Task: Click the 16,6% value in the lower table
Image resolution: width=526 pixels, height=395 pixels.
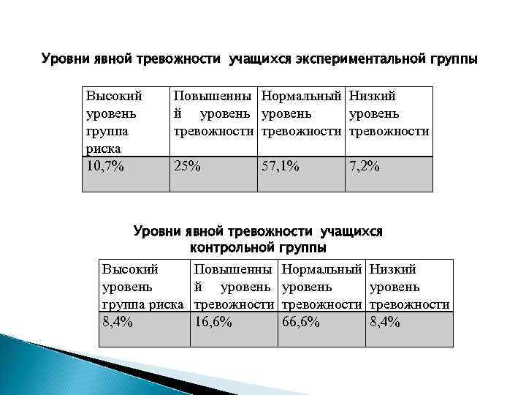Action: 213,321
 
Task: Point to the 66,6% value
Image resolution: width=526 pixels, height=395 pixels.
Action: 300,321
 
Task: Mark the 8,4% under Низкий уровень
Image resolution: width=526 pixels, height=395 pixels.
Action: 385,321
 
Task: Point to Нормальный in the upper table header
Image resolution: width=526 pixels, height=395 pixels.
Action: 302,95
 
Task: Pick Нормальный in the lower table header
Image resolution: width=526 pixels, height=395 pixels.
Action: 321,269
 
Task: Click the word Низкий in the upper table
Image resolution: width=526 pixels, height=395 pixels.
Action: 373,95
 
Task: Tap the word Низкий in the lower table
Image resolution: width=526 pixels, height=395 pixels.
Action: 393,269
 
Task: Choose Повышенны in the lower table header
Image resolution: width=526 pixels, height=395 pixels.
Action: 233,269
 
